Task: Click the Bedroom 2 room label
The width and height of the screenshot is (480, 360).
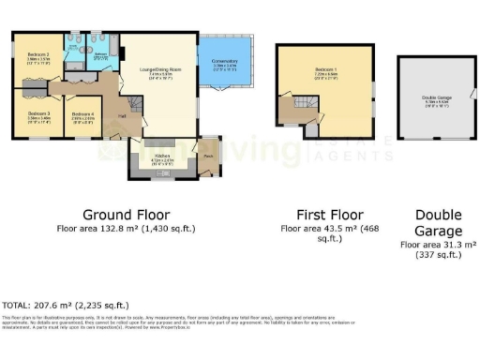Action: pos(37,55)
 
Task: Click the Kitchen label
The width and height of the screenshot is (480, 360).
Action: pos(163,157)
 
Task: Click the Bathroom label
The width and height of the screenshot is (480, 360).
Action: pos(101,54)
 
